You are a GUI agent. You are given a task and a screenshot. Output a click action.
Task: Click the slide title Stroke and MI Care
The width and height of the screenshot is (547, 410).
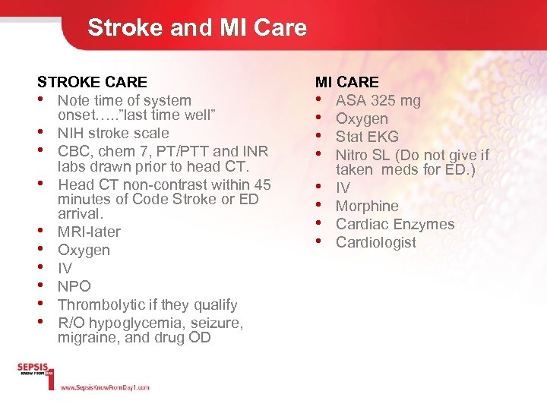tap(197, 28)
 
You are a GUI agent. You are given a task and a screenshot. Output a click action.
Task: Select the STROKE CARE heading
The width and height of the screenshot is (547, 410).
tap(92, 82)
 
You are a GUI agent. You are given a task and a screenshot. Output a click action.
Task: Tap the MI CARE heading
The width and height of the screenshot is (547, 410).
tap(346, 82)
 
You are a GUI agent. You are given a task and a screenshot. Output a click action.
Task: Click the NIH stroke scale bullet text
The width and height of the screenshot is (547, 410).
tap(113, 133)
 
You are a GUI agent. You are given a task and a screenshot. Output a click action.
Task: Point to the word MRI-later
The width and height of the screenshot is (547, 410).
tap(89, 232)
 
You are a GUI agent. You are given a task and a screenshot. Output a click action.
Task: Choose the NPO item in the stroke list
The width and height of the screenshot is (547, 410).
tap(74, 286)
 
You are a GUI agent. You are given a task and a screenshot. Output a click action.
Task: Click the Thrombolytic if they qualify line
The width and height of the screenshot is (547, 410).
tap(147, 304)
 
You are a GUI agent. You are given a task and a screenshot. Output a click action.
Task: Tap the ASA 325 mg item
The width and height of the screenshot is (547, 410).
tap(378, 100)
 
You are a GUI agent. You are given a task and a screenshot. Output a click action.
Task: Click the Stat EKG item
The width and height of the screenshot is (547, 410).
tap(367, 137)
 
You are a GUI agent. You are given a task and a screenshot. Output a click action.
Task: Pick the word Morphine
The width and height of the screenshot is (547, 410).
tap(367, 206)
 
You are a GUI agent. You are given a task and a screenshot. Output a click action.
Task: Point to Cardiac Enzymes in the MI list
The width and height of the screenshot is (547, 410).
tap(395, 224)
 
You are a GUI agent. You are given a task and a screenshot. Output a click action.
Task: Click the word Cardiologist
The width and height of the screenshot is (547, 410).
tap(376, 242)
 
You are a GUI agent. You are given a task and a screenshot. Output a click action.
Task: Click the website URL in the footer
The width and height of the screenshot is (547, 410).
tap(104, 387)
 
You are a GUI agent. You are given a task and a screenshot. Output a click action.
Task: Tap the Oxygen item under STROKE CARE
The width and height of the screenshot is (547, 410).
tap(84, 250)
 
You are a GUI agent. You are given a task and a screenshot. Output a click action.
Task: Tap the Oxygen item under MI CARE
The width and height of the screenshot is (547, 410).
tap(362, 118)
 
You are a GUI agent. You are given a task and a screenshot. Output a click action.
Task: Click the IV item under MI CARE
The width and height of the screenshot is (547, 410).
tap(343, 188)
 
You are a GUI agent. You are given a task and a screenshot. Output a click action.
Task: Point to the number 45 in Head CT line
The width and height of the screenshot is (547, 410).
tap(262, 184)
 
